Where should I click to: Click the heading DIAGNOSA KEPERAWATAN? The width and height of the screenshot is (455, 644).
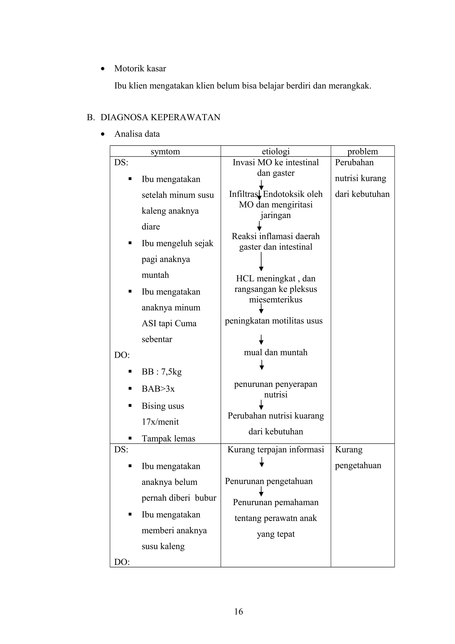coord(160,117)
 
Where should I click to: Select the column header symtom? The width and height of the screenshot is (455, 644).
coord(165,152)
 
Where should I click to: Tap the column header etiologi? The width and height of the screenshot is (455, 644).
coord(275,152)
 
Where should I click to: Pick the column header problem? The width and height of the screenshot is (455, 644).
coord(363,152)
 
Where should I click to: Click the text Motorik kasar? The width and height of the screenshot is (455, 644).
coord(140,68)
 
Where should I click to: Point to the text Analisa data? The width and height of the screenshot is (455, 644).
coord(137,134)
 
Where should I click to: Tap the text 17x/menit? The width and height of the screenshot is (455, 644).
coord(160,422)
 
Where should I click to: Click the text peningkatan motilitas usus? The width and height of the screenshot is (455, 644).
coord(274,321)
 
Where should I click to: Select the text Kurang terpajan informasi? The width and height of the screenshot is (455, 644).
coord(275,450)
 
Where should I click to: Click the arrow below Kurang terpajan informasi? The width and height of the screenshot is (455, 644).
coord(261,462)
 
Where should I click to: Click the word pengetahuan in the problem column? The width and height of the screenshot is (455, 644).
coord(358,465)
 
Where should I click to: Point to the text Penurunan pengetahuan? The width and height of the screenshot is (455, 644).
coord(269,481)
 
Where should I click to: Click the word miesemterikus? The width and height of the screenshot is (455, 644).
coord(275,300)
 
